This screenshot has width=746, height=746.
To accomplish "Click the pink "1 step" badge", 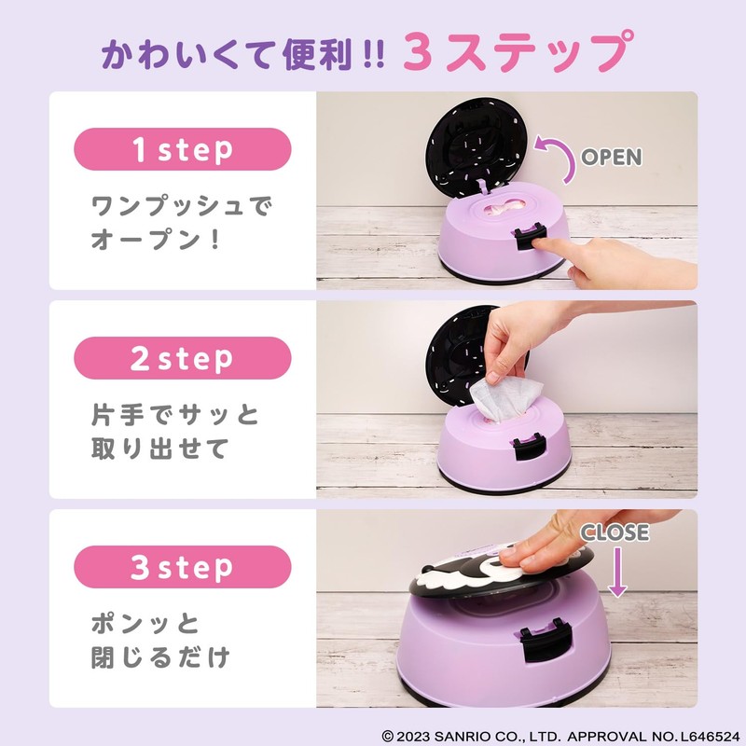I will pos(183,149).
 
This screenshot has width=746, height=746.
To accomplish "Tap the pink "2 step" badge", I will pos(183,358).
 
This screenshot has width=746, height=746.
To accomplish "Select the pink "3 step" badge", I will pos(183,567).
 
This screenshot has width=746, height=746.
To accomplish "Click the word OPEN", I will pos(612,157).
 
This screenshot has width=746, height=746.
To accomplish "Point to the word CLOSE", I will pos(615,532).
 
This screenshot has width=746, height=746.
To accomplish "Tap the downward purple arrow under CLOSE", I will pos(615,573).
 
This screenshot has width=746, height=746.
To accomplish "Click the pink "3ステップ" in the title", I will pos(513,53).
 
